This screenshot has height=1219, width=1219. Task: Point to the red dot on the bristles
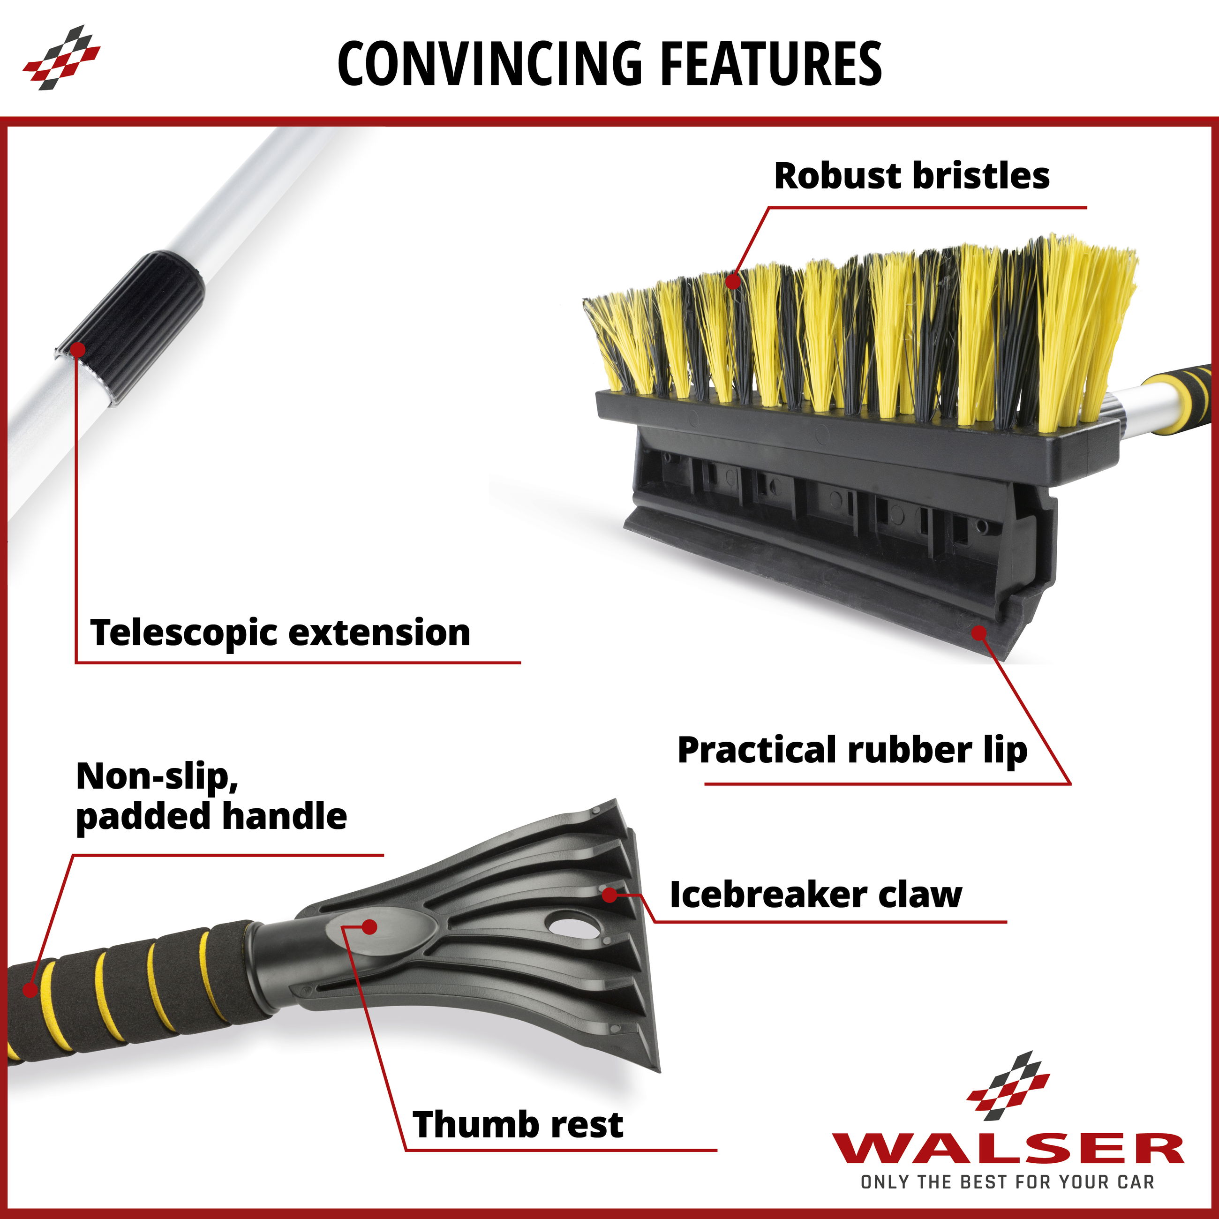[x=732, y=281]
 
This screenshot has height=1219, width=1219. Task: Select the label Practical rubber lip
[x=852, y=750]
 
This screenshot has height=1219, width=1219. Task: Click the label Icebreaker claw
[x=815, y=895]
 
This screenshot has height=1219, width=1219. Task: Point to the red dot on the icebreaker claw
[x=609, y=894]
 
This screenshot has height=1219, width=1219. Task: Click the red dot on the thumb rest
[x=370, y=927]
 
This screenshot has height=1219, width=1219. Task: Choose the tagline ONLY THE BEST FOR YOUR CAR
[x=1008, y=1182]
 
